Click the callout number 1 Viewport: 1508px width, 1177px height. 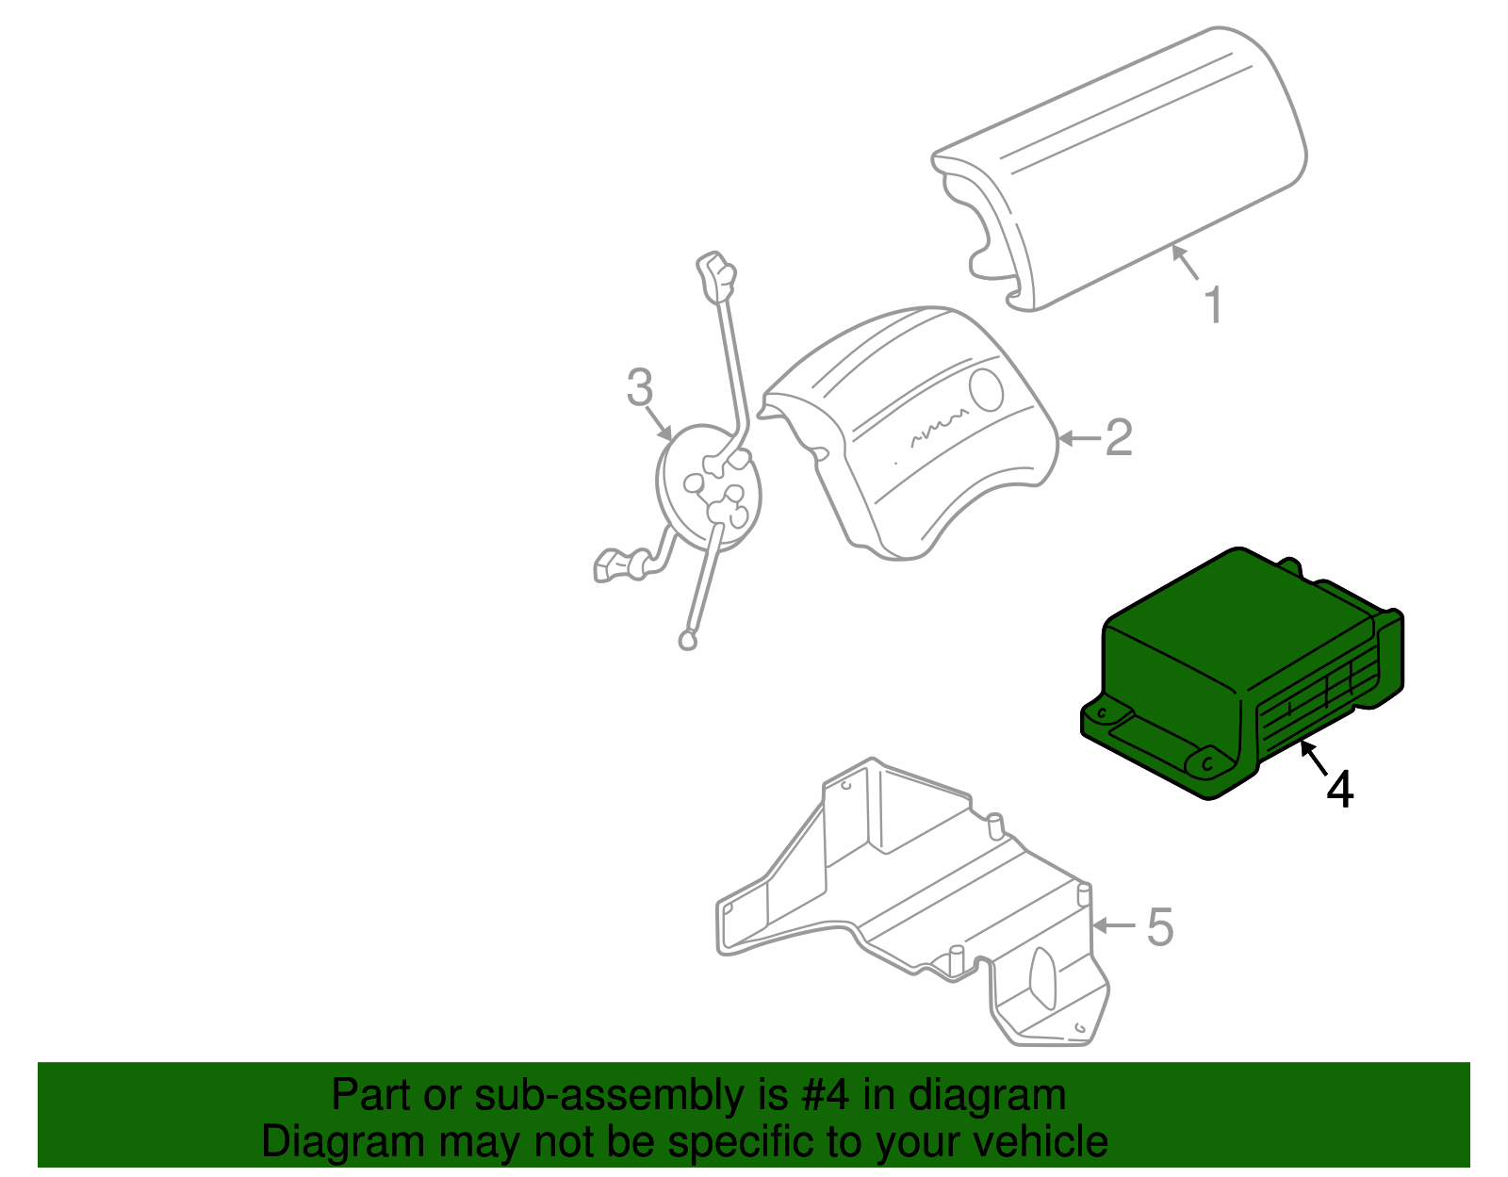point(1214,305)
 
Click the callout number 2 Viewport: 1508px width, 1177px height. point(1118,438)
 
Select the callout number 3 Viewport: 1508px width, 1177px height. point(640,387)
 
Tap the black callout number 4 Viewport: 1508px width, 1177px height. point(1339,790)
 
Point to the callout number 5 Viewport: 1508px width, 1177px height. point(1160,927)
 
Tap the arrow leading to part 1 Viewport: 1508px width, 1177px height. point(1185,262)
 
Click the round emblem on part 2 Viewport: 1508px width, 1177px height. point(988,388)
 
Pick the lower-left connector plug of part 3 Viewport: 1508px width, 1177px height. point(617,565)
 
